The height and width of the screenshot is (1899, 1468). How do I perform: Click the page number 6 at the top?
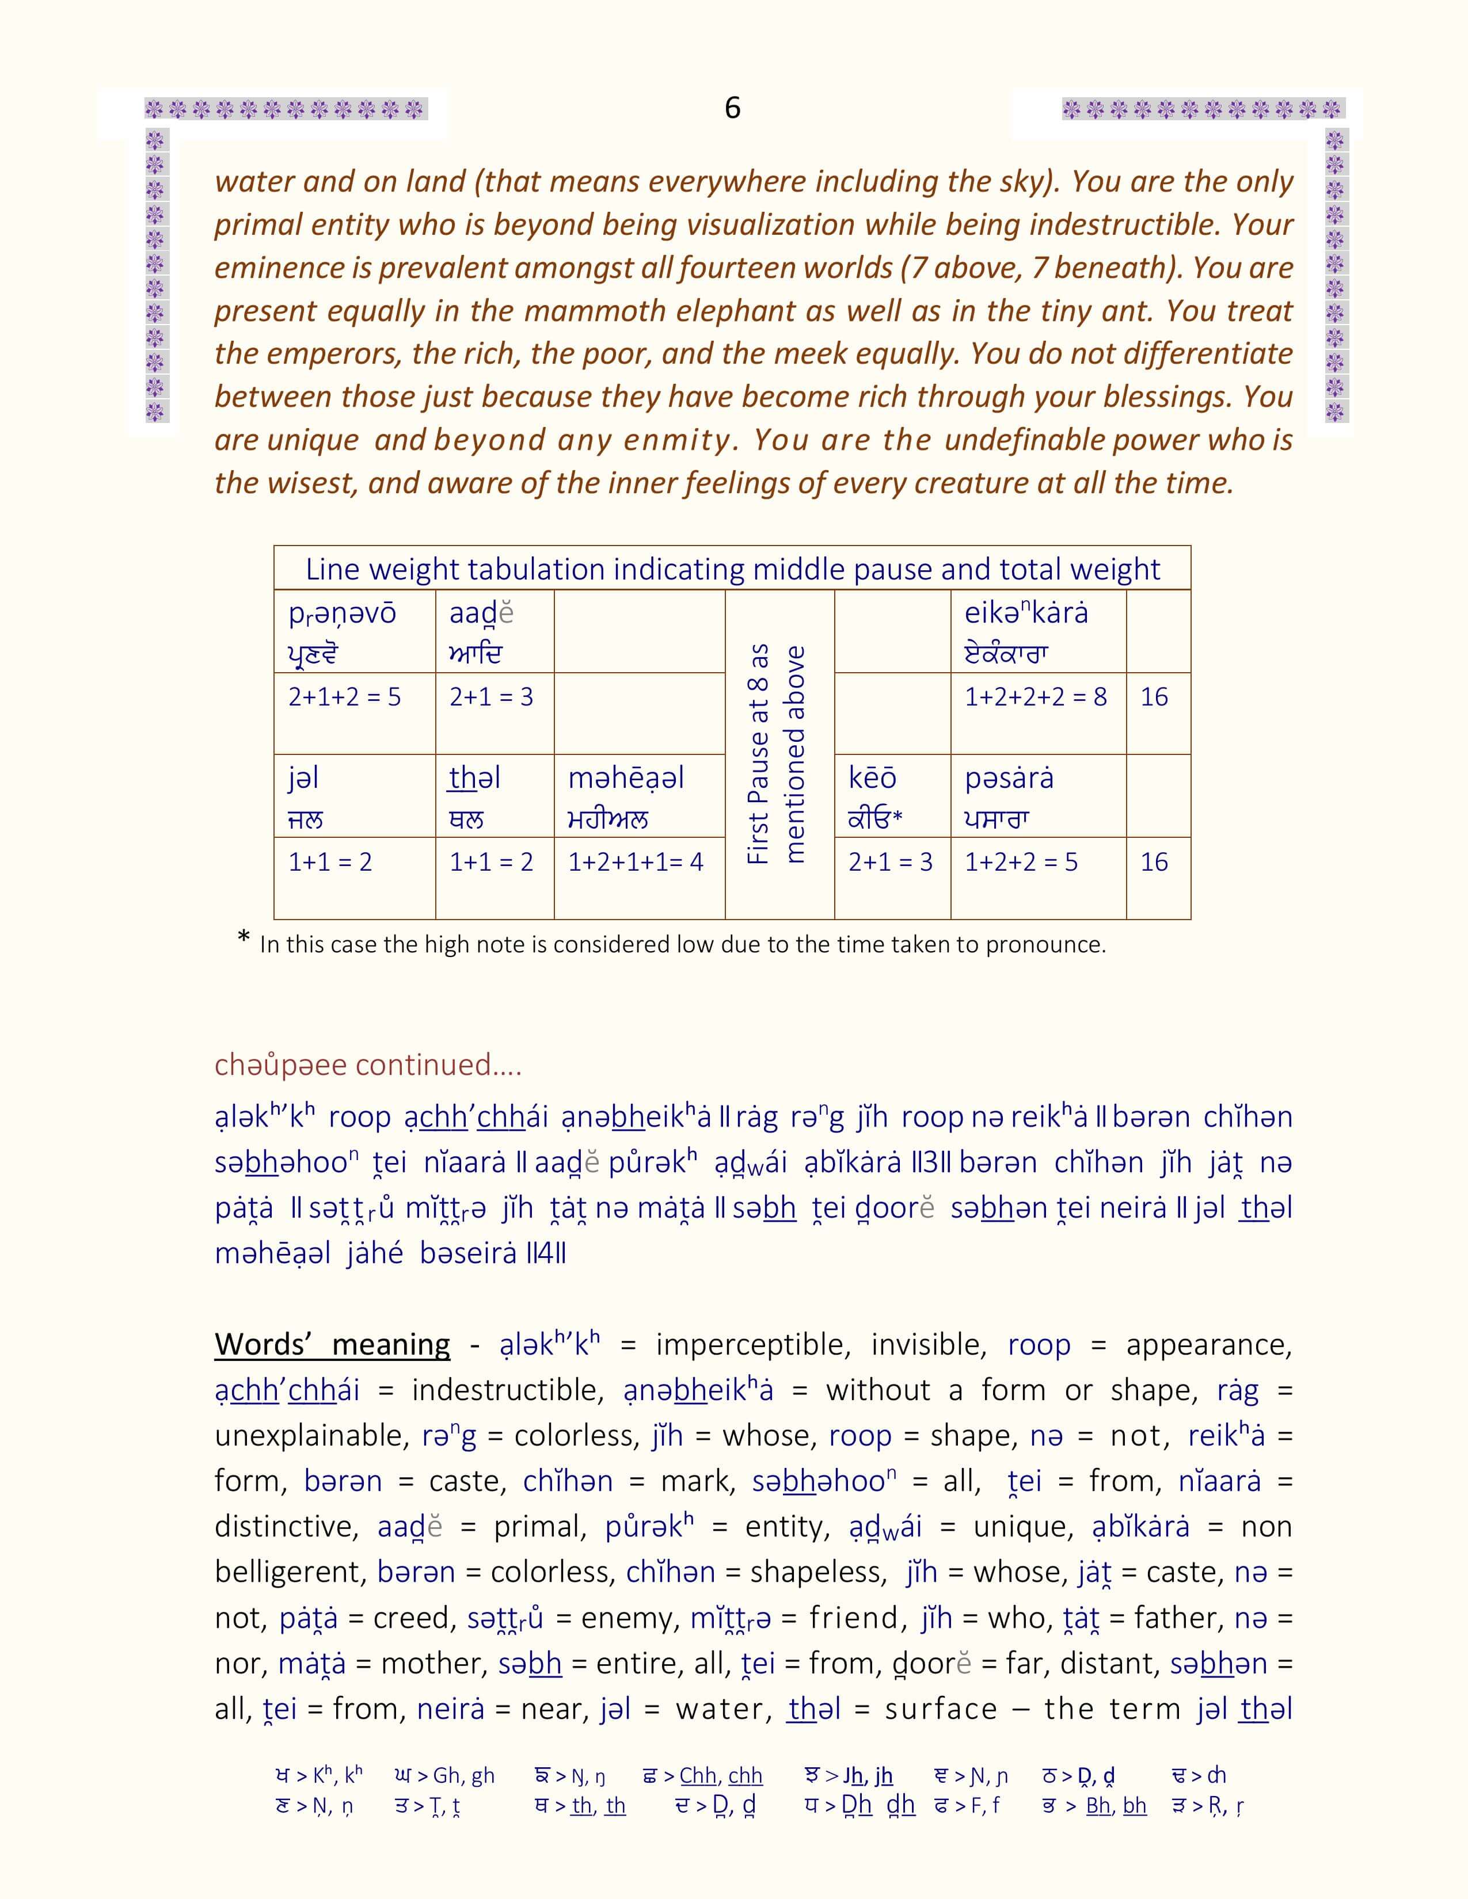pyautogui.click(x=732, y=108)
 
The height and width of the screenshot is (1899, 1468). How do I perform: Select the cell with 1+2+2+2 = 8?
pyautogui.click(x=1036, y=697)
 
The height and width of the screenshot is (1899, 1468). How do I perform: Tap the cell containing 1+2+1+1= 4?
pyautogui.click(x=636, y=863)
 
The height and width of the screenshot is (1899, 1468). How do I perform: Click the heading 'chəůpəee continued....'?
pyautogui.click(x=368, y=1064)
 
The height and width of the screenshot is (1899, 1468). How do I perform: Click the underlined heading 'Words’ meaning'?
pyautogui.click(x=332, y=1344)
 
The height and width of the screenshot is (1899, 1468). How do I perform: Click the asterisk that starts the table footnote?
pyautogui.click(x=244, y=940)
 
